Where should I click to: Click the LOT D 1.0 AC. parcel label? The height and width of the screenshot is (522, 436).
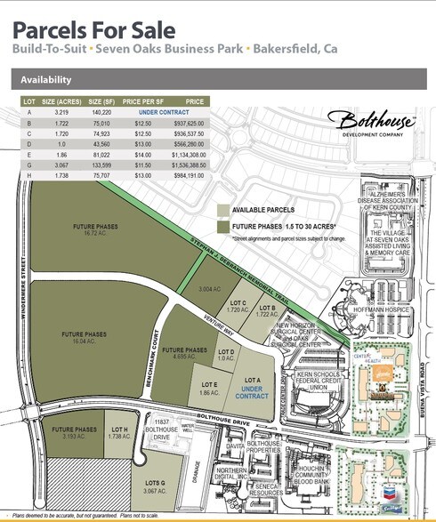coord(226,355)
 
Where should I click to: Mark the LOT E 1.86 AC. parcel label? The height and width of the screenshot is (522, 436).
coord(209,389)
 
